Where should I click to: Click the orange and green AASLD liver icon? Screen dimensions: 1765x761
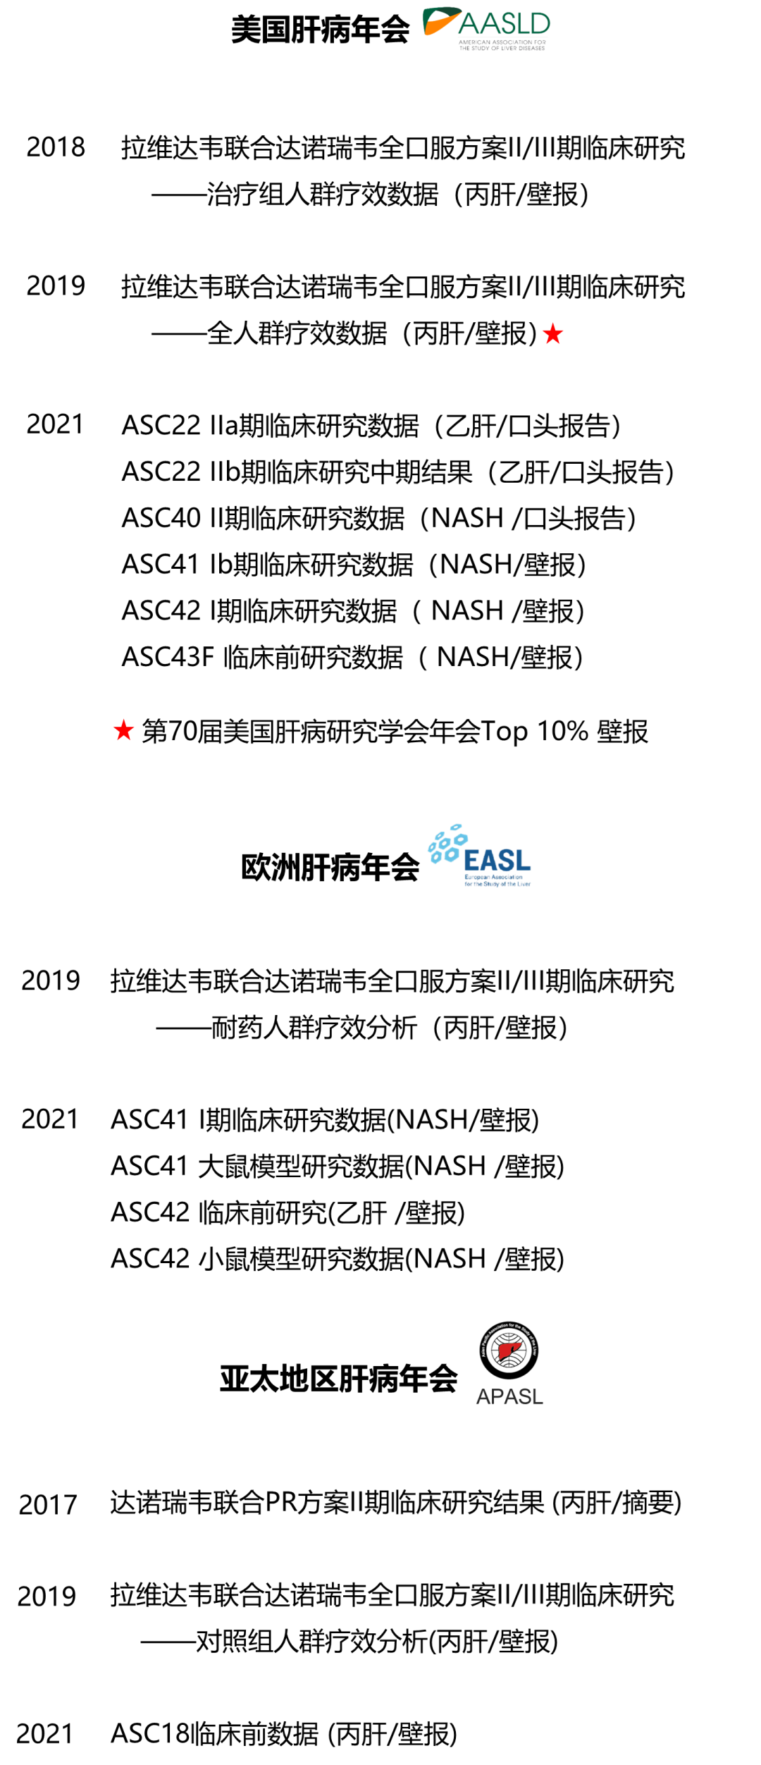coord(440,20)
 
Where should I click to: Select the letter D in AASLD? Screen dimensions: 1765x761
coord(540,24)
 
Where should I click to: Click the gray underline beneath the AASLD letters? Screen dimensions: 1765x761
coord(503,37)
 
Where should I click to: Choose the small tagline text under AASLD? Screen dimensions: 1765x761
coord(502,44)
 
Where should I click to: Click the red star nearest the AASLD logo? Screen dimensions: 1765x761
coord(553,334)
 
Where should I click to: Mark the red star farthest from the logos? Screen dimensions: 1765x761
coord(123,730)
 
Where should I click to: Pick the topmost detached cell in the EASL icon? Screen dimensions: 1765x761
coord(456,827)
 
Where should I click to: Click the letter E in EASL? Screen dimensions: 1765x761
coord(472,861)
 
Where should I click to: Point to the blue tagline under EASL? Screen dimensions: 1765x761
coord(497,881)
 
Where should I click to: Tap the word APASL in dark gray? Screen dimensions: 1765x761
coord(509,1397)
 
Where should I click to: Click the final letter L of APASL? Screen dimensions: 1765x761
coord(538,1397)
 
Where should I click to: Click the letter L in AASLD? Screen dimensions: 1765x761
coord(524,24)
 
